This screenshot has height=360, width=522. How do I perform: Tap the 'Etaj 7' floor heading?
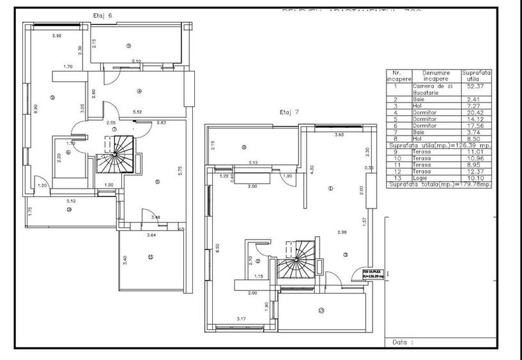point(289,112)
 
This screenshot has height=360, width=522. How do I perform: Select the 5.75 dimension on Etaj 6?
point(180,171)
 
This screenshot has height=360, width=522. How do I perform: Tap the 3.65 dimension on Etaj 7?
point(339,136)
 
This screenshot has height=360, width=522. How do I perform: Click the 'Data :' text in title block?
point(400,342)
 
